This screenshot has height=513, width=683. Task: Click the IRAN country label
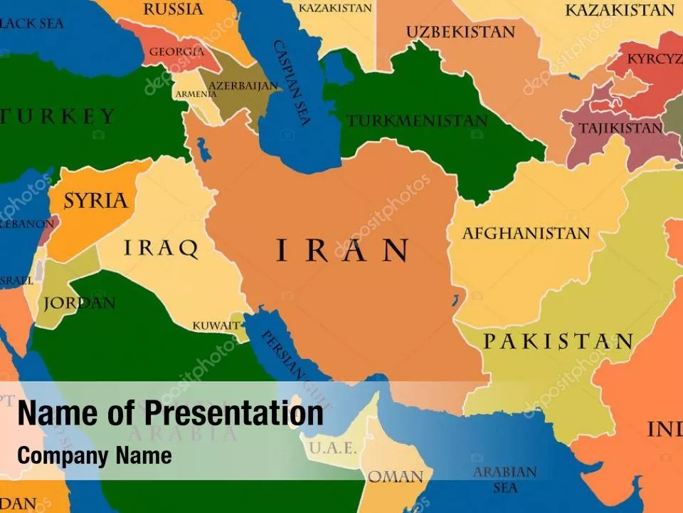pyautogui.click(x=341, y=250)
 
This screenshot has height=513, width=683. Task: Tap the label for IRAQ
pyautogui.click(x=162, y=248)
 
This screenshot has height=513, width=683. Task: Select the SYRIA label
pyautogui.click(x=95, y=200)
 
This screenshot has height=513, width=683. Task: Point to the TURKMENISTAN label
pyautogui.click(x=417, y=121)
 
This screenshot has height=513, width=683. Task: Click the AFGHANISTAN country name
pyautogui.click(x=526, y=233)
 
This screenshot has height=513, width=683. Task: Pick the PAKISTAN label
pyautogui.click(x=558, y=341)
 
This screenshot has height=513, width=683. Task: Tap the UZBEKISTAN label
pyautogui.click(x=460, y=32)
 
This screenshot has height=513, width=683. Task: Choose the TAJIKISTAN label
pyautogui.click(x=620, y=128)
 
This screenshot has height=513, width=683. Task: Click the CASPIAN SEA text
pyautogui.click(x=292, y=82)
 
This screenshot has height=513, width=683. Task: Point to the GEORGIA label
pyautogui.click(x=176, y=51)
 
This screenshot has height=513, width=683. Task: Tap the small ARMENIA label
pyautogui.click(x=196, y=94)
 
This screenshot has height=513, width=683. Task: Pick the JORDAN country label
pyautogui.click(x=79, y=303)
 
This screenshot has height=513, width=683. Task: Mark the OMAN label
pyautogui.click(x=396, y=477)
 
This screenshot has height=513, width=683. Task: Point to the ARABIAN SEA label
pyautogui.click(x=505, y=480)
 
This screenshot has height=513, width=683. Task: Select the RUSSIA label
pyautogui.click(x=174, y=9)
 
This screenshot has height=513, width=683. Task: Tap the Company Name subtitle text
pyautogui.click(x=95, y=455)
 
